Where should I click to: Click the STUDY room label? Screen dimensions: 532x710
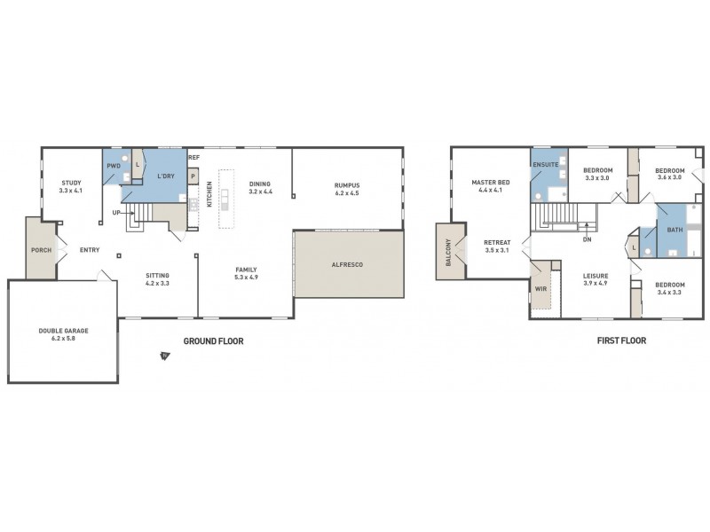click(70, 183)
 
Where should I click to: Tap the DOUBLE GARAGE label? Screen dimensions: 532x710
click(63, 331)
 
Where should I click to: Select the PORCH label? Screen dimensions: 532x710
click(41, 250)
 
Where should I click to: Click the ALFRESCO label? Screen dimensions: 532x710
click(348, 264)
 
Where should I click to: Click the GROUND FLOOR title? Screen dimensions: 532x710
click(213, 340)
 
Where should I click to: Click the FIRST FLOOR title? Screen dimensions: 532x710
click(621, 340)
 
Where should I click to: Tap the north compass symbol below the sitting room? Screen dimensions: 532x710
click(164, 356)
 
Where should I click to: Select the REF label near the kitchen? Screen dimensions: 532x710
click(194, 158)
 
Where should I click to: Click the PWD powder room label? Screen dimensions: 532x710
click(114, 166)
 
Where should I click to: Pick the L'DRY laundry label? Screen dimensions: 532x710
click(165, 176)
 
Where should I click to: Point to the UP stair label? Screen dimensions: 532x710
click(116, 213)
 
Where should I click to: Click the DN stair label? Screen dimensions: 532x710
click(587, 239)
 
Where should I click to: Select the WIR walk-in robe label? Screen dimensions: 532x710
click(540, 288)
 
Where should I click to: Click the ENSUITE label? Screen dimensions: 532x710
click(544, 165)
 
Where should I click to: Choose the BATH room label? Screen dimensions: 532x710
click(674, 229)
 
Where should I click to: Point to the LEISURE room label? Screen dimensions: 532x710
click(596, 276)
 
